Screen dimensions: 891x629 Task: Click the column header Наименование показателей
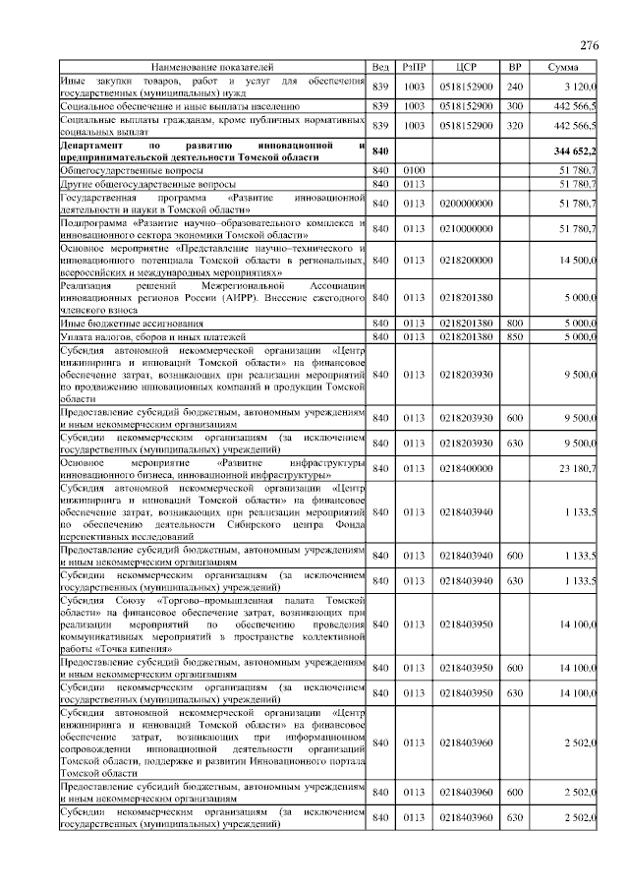click(x=212, y=66)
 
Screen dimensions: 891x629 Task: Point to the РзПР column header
click(x=414, y=66)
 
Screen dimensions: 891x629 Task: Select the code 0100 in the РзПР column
click(x=414, y=170)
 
